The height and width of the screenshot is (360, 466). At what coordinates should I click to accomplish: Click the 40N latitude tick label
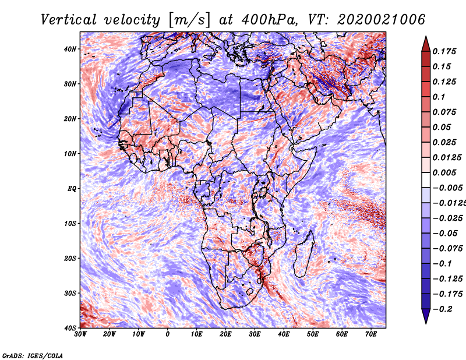[x=70, y=49]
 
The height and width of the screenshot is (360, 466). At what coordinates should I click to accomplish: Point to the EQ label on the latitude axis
[x=72, y=189]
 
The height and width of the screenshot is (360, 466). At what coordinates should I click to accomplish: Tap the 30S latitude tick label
[x=70, y=294]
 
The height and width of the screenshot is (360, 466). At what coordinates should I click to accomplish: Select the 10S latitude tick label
[x=70, y=224]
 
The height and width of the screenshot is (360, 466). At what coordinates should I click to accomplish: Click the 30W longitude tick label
[x=80, y=334]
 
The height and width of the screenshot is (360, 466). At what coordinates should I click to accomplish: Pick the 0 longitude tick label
[x=167, y=334]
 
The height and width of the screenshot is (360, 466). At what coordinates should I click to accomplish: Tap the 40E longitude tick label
[x=284, y=334]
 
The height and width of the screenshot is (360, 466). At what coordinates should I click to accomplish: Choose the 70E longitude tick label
[x=371, y=334]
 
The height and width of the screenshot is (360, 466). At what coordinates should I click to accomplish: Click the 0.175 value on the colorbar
[x=444, y=52]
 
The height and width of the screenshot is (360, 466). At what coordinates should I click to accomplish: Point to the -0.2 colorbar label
[x=443, y=309]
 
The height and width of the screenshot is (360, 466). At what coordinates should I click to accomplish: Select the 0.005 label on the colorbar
[x=444, y=172]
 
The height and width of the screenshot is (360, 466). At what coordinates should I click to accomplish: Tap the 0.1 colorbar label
[x=439, y=97]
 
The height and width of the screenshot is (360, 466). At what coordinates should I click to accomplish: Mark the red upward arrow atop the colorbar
[x=426, y=44]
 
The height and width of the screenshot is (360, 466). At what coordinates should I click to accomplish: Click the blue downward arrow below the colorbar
[x=426, y=316]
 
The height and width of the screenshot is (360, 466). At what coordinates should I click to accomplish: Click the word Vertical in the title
[x=69, y=20]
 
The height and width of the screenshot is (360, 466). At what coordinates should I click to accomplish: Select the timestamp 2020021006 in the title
[x=382, y=20]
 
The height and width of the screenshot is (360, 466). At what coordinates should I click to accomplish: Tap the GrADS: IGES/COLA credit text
[x=33, y=355]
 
